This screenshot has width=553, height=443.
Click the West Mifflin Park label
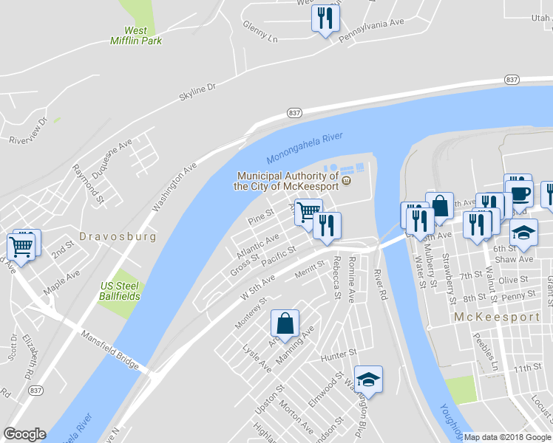click(x=135, y=35)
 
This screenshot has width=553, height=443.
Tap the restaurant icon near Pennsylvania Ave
click(x=326, y=17)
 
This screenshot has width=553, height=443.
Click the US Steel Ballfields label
click(x=121, y=291)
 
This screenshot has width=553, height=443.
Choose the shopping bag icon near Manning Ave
click(x=285, y=323)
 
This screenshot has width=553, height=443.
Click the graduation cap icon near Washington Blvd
click(x=368, y=380)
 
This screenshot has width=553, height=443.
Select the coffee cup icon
click(x=522, y=193)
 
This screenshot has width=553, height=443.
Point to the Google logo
click(x=24, y=434)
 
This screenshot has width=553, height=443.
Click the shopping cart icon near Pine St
click(x=308, y=213)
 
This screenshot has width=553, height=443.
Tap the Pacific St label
click(x=278, y=255)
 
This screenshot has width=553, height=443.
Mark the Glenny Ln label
click(x=260, y=30)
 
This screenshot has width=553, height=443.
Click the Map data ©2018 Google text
click(x=508, y=437)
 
